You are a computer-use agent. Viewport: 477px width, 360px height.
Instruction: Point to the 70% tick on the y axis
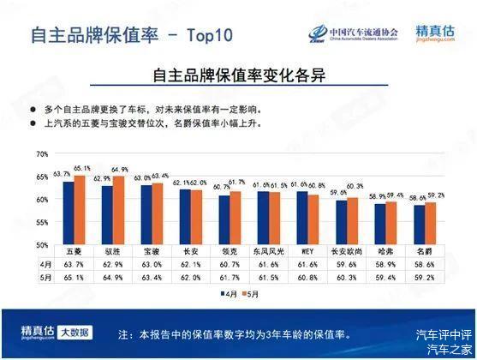(42, 154)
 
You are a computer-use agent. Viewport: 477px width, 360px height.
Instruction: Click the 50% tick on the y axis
(42, 245)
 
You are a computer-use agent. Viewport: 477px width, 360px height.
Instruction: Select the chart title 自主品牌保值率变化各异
(239, 76)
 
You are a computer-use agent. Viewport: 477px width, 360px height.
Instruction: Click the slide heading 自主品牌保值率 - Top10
(131, 35)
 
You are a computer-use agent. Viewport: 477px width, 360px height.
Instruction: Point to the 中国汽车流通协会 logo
(354, 34)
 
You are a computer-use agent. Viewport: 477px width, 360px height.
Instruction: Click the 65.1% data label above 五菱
(82, 168)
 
